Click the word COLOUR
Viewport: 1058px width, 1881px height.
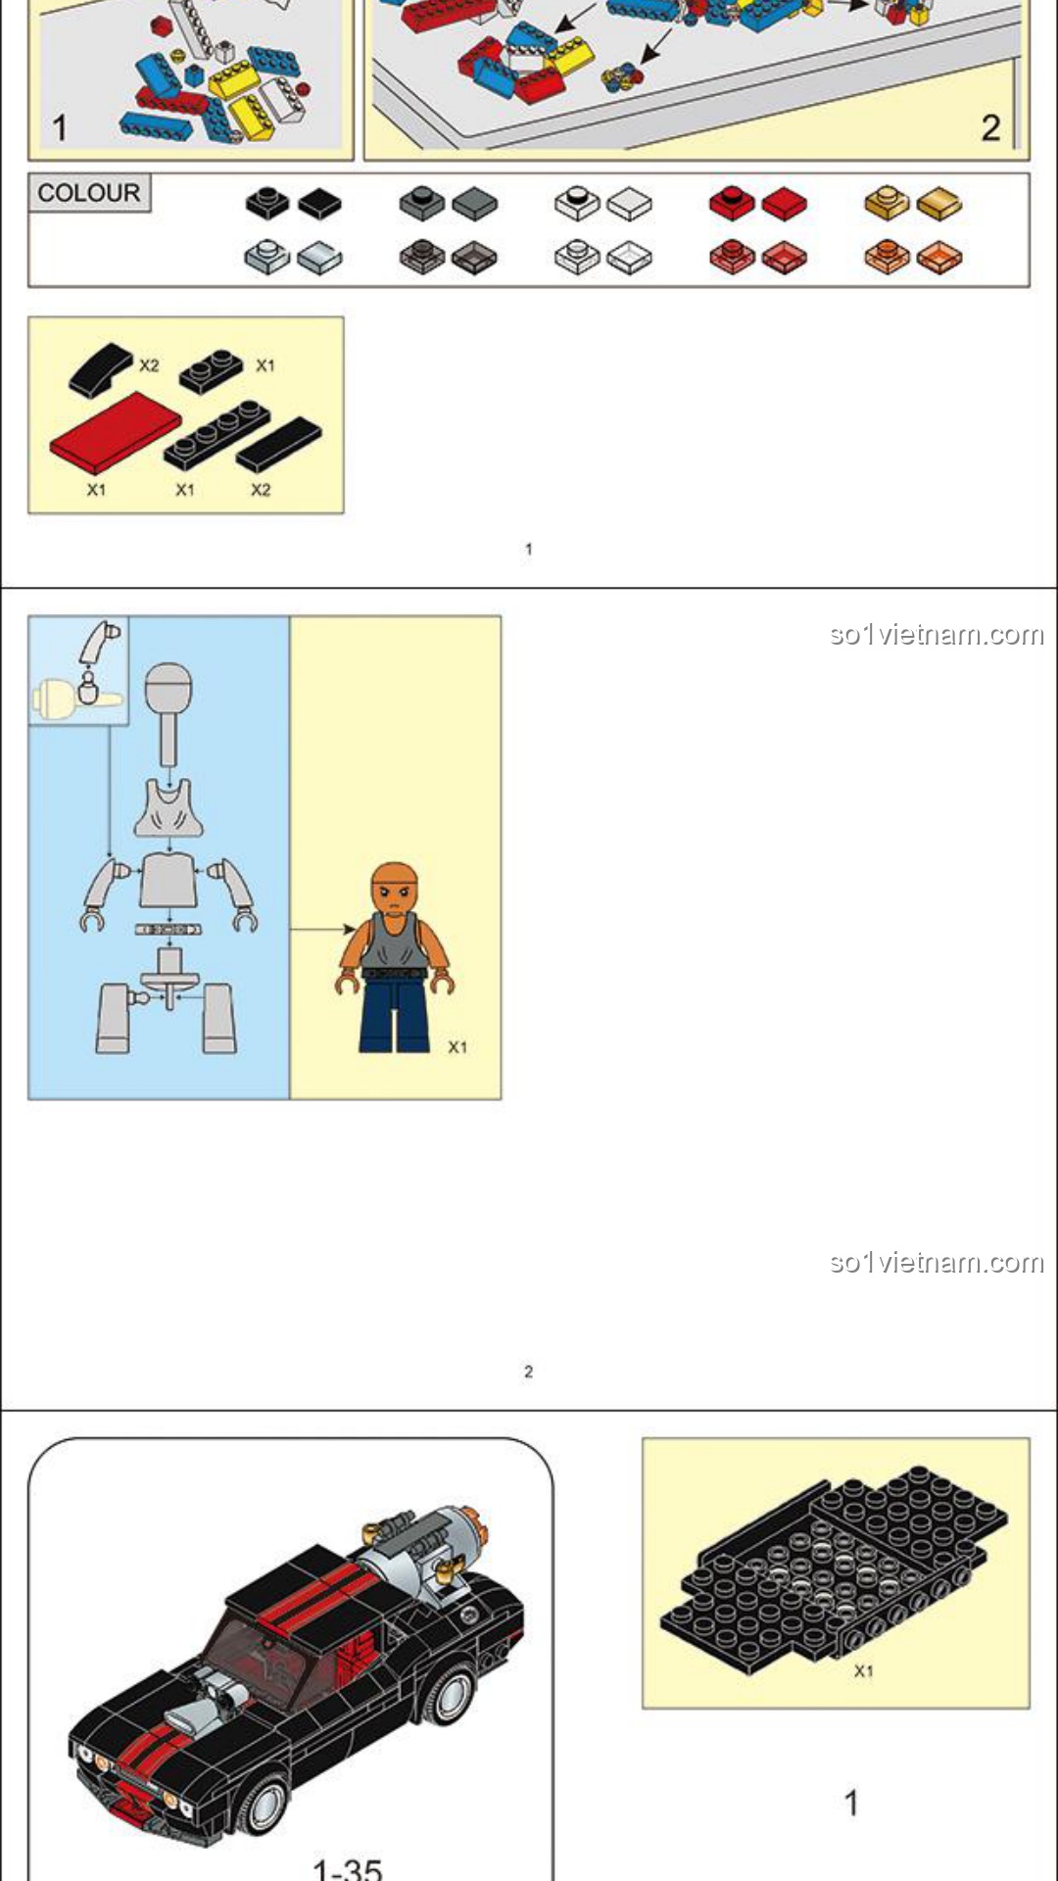[89, 192]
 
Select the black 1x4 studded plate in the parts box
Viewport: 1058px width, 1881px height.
[217, 434]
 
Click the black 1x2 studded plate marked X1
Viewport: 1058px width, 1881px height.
[212, 371]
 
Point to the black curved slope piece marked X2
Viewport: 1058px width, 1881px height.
[101, 369]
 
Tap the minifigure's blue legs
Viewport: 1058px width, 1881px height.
[395, 1015]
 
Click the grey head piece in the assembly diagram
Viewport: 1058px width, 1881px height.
[168, 712]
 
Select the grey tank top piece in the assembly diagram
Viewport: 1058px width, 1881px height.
[168, 808]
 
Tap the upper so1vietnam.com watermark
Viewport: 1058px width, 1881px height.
[937, 635]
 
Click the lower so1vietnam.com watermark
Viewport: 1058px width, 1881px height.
[937, 1262]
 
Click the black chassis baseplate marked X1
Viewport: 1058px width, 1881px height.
[833, 1568]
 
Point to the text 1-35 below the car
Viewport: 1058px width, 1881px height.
[347, 1868]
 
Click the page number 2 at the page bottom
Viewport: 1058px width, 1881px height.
[529, 1372]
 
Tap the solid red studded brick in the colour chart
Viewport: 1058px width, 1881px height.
[732, 203]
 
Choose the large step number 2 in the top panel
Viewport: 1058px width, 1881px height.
[990, 127]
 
